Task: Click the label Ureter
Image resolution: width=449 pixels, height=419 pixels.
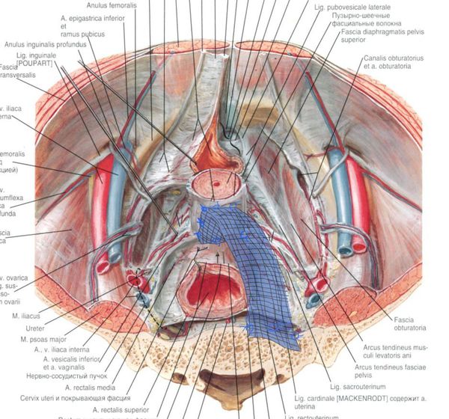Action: (37, 328)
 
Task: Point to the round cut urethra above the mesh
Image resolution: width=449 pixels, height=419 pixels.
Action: (216, 183)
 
